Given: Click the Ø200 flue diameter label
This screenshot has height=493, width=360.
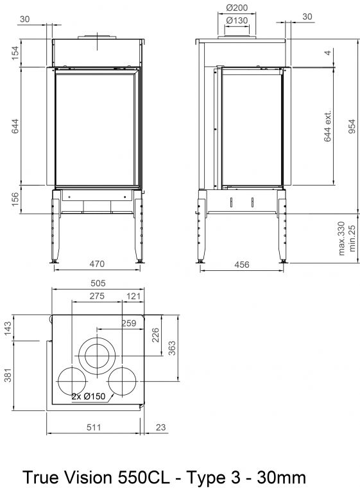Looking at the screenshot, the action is (237, 7).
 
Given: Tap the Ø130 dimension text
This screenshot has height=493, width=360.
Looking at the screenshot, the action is (237, 21).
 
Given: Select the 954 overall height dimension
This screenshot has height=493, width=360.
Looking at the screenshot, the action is (352, 126).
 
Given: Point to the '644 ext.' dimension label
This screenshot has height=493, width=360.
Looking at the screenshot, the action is (328, 126).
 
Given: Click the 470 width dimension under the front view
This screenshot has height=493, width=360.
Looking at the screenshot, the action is (97, 263).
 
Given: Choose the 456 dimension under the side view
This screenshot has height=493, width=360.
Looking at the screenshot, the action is (242, 264).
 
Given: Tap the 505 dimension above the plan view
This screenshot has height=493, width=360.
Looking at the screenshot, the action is (98, 283).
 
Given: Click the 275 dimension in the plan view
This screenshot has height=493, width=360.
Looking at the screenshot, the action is (97, 296).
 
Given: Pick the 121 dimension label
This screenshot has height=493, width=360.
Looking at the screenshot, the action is (133, 296).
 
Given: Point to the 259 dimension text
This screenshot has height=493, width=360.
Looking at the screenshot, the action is (129, 324).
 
